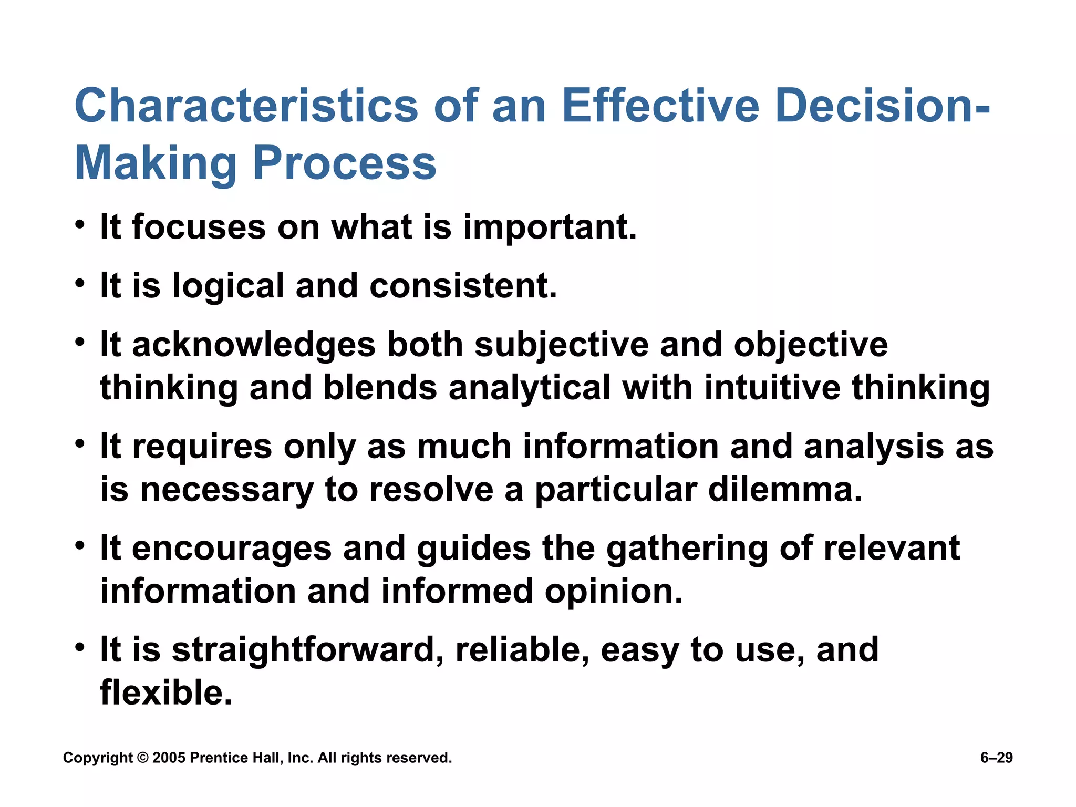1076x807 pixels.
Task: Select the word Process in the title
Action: tap(345, 163)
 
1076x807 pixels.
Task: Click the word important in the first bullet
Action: tap(550, 228)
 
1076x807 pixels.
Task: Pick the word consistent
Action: tap(463, 287)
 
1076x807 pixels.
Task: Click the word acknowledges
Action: tap(254, 346)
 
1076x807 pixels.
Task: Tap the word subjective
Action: tap(562, 346)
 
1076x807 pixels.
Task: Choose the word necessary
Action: tap(226, 490)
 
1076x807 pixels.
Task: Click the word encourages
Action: tap(232, 549)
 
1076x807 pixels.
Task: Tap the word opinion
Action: tap(613, 592)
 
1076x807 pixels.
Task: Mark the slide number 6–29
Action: tap(996, 758)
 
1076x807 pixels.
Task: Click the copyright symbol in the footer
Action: tap(142, 758)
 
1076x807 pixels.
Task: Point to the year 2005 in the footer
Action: tap(169, 758)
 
